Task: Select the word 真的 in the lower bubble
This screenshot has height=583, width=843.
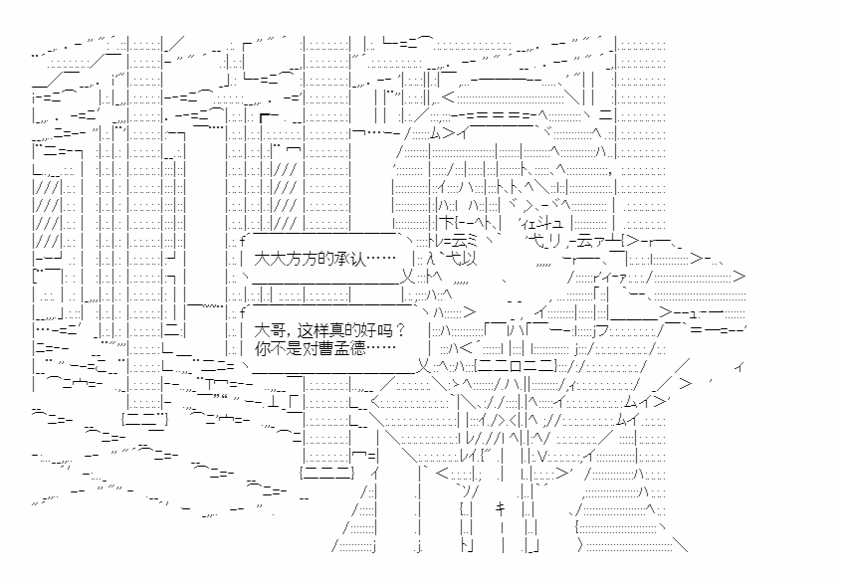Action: [x=339, y=329]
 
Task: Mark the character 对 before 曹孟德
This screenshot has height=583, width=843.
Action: [x=310, y=350]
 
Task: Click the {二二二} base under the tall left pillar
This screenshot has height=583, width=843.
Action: [x=145, y=420]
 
